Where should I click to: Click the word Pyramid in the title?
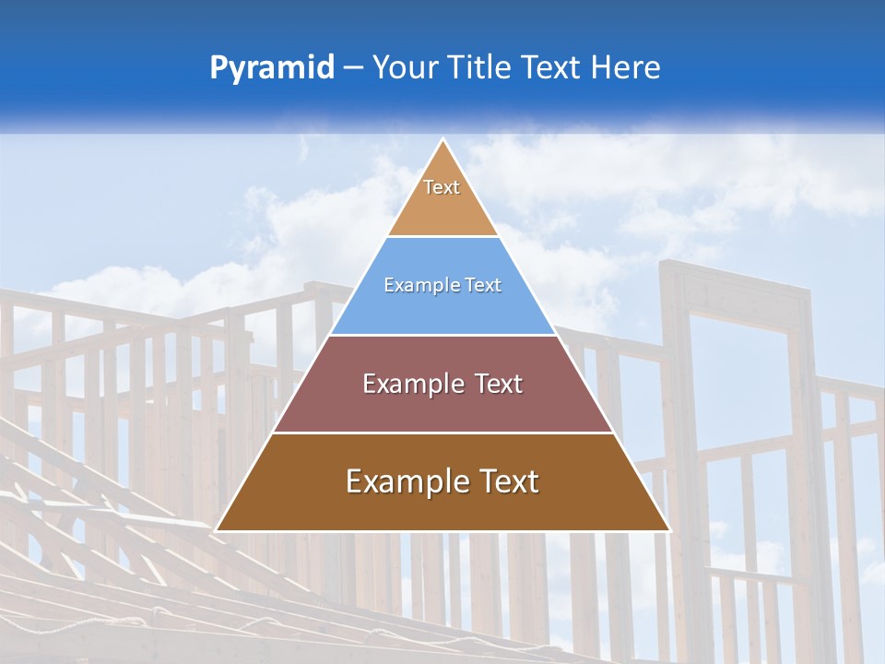tap(272, 68)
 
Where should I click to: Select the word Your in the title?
tap(406, 68)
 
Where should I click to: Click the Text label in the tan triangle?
tap(442, 187)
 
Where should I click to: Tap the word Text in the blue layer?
tap(484, 286)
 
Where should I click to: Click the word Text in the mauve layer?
tap(499, 384)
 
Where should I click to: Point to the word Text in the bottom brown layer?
tap(510, 481)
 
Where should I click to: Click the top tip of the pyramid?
tap(443, 141)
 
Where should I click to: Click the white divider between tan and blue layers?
tap(443, 236)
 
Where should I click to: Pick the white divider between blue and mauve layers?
tap(443, 335)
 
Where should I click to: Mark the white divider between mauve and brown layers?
tap(443, 433)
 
